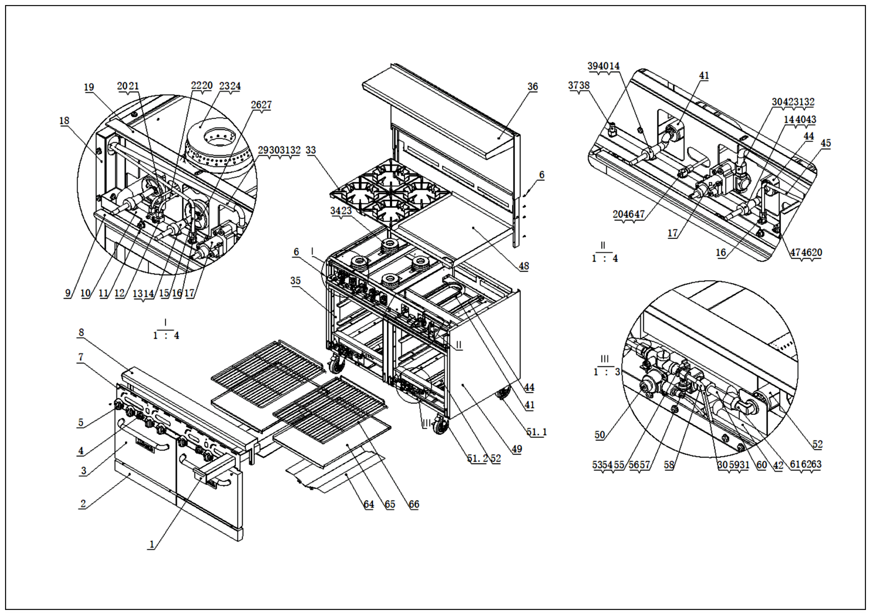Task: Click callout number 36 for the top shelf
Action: pyautogui.click(x=533, y=86)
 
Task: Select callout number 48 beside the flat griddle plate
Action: pyautogui.click(x=524, y=266)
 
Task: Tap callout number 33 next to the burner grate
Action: pyautogui.click(x=311, y=150)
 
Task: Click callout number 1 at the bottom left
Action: pyautogui.click(x=152, y=544)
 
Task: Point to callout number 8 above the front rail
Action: pyautogui.click(x=81, y=332)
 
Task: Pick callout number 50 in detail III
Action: pyautogui.click(x=600, y=435)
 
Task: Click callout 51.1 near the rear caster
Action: pyautogui.click(x=536, y=432)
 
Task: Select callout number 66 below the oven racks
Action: pyautogui.click(x=414, y=504)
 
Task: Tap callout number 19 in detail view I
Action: pyautogui.click(x=89, y=87)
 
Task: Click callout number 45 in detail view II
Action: pyautogui.click(x=826, y=143)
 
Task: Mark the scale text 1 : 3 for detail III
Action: pyautogui.click(x=606, y=372)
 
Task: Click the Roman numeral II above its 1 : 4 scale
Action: pyautogui.click(x=603, y=245)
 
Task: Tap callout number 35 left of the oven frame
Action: pyautogui.click(x=295, y=281)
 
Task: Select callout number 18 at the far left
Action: pyautogui.click(x=65, y=121)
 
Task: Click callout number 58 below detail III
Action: pyautogui.click(x=669, y=465)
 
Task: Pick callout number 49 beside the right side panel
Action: pyautogui.click(x=517, y=449)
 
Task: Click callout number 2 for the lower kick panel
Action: pyautogui.click(x=83, y=504)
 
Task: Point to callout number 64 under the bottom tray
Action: pyautogui.click(x=369, y=504)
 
